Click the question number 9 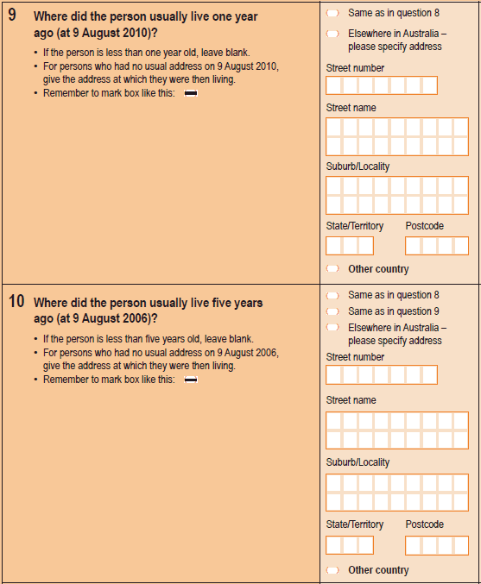pos(12,15)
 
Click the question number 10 pos(16,302)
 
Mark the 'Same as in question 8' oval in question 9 pos(332,14)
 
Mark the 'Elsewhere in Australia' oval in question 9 pos(332,34)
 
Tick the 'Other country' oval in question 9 pos(332,269)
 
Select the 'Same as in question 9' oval pos(332,311)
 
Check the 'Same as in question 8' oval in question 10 pos(332,295)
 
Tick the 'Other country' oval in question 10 pos(332,570)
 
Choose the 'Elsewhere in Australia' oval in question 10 pos(332,328)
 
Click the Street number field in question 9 pos(382,85)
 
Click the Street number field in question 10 pos(382,374)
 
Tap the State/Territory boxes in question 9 pos(350,246)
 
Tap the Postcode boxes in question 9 pos(436,246)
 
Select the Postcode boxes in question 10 pos(436,545)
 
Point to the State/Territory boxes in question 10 pos(350,545)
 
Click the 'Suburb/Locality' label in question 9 pos(358,166)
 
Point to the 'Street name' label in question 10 pos(351,400)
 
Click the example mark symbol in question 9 pos(190,93)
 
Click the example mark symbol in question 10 pos(190,380)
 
